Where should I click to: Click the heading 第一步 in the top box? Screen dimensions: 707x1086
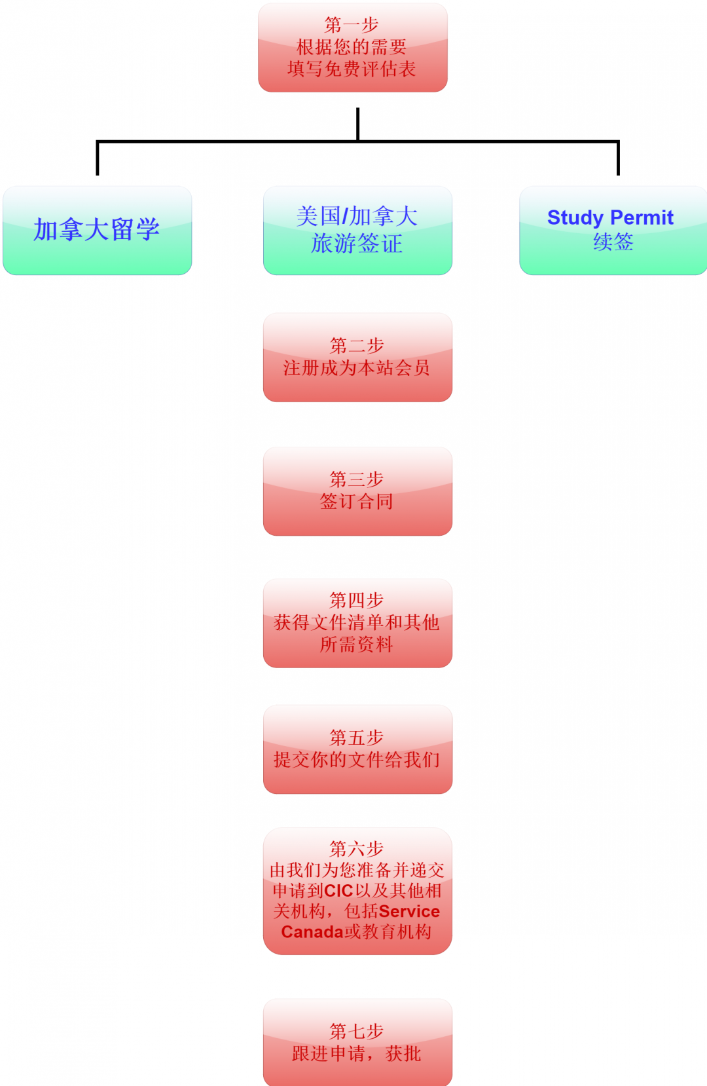point(352,25)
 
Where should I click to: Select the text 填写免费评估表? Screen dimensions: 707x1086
point(352,69)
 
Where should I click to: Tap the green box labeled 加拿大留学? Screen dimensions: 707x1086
point(98,231)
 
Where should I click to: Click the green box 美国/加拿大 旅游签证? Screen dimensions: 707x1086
point(357,231)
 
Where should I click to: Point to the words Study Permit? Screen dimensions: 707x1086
point(610,217)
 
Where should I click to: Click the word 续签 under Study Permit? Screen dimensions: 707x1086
point(613,242)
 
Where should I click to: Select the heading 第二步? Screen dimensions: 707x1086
point(357,346)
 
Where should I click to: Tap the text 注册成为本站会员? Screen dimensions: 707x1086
point(357,368)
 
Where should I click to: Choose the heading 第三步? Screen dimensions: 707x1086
point(357,479)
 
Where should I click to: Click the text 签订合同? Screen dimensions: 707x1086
point(357,501)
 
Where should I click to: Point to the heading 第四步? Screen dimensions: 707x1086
point(357,600)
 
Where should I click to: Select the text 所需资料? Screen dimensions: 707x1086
point(357,645)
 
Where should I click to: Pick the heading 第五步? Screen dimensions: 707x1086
point(357,738)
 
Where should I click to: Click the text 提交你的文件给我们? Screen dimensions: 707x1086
point(357,760)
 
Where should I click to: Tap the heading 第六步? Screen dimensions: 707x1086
point(357,849)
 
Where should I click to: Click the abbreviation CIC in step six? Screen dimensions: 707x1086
point(338,891)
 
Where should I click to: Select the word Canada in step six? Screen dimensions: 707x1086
point(312,932)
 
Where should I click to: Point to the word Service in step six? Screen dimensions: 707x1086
point(409,912)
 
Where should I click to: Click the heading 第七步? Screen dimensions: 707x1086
point(357,1032)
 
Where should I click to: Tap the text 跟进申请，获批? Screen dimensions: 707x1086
point(357,1054)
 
